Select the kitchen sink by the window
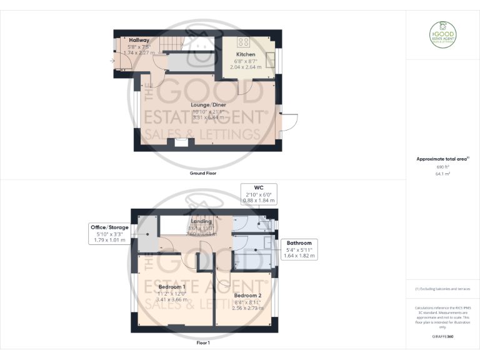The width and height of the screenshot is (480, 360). (271, 59)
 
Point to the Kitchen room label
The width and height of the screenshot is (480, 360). (246, 54)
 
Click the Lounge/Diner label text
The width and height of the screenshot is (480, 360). (209, 104)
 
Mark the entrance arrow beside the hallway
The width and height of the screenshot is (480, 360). (111, 61)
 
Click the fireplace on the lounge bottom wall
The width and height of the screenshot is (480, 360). (181, 142)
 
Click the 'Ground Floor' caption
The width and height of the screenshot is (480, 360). (203, 173)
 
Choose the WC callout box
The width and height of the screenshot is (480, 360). (259, 194)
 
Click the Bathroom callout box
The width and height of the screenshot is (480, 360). (299, 249)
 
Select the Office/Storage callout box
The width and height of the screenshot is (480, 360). (109, 233)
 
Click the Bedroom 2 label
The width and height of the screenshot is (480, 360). (247, 295)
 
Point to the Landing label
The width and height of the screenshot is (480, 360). (201, 221)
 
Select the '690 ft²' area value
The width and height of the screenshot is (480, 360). (442, 167)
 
